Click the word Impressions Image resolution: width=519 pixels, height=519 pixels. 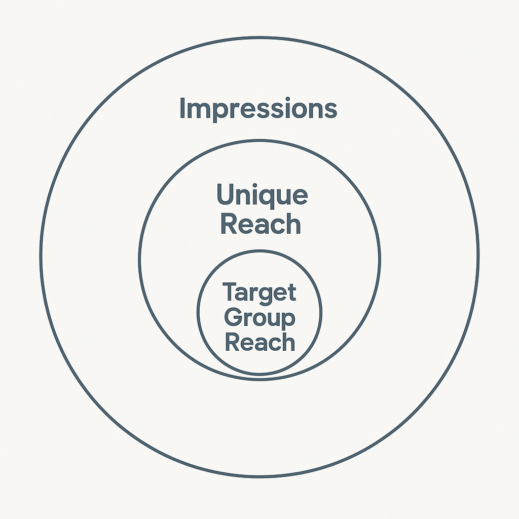coord(258,109)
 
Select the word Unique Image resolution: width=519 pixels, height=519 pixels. coord(262,196)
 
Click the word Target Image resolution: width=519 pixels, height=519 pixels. coord(259,292)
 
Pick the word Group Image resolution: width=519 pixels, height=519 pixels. coord(259,319)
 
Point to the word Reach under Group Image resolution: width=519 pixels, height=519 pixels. coord(259,342)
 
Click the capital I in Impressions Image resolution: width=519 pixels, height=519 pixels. coord(183,108)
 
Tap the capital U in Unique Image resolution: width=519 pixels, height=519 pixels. coord(226,195)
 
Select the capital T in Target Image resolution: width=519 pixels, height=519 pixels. coord(230,292)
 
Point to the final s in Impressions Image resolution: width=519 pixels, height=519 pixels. coord(330,110)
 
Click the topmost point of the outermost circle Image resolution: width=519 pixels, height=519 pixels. coord(259,38)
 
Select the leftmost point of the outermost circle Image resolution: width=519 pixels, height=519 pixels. coord(41,257)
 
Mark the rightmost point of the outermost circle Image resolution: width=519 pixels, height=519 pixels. coord(478,257)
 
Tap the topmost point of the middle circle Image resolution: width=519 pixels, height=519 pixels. coord(259,140)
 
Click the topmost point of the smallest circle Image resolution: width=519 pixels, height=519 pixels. coord(259,251)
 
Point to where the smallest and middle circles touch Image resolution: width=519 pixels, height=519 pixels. coord(259,377)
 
